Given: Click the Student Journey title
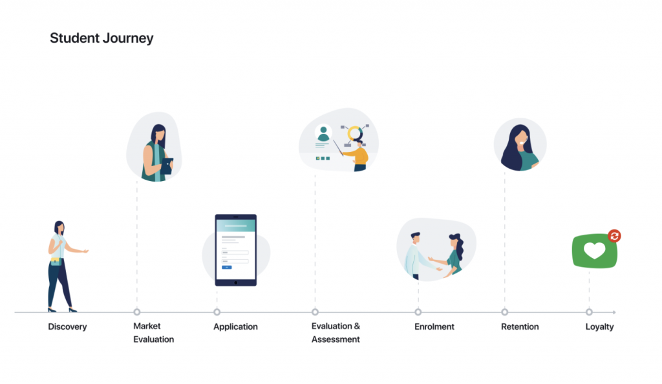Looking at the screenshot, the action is click(x=101, y=38).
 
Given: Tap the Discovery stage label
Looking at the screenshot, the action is click(x=67, y=326).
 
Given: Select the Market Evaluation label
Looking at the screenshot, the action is click(x=153, y=332).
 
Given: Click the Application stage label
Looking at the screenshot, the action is click(x=235, y=326).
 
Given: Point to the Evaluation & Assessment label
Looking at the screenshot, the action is click(x=336, y=332).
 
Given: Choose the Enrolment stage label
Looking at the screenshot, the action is click(x=434, y=326).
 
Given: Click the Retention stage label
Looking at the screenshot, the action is click(x=520, y=326).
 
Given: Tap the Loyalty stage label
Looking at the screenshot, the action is click(x=599, y=326).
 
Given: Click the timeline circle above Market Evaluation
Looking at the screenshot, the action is click(x=137, y=312).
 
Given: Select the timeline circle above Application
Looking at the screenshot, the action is click(x=217, y=312).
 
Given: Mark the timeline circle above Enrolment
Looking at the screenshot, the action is click(x=418, y=312).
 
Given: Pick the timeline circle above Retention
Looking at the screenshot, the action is click(x=504, y=312).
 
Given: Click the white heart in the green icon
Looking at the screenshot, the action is click(x=595, y=251).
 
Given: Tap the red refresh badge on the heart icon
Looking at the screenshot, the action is click(x=614, y=236).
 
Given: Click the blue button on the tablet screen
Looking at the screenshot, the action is click(x=227, y=267).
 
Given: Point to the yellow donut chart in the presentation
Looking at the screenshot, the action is click(x=355, y=133).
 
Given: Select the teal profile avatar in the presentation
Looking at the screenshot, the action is click(x=323, y=133).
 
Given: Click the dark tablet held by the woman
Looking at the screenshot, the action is click(x=167, y=166).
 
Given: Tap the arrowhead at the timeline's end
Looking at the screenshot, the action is click(x=614, y=312).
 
